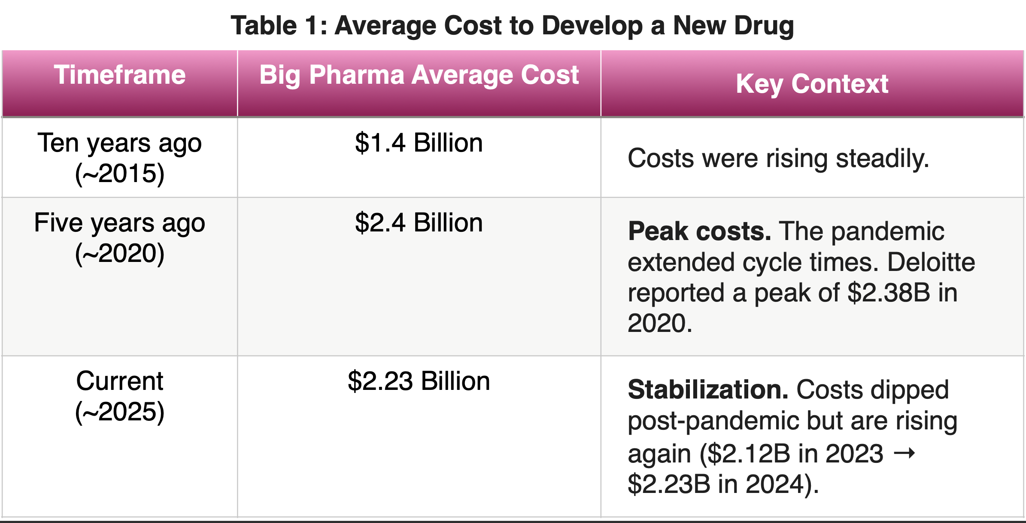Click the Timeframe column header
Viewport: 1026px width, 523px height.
coord(119,75)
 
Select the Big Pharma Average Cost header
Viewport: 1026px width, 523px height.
coord(419,75)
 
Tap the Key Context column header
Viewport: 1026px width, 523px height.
coord(812,84)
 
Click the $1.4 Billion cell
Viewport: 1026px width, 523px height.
coord(419,143)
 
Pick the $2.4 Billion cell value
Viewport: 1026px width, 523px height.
coord(419,223)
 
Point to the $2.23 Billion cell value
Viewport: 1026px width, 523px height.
coord(419,381)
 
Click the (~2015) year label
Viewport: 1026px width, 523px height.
coord(120,174)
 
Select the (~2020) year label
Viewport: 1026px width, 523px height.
coord(120,254)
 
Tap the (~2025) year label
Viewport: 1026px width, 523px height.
coord(120,412)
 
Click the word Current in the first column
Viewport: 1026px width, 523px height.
coord(120,381)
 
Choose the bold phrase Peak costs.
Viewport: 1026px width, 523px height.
coord(699,231)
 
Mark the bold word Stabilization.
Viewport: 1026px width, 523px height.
coord(708,390)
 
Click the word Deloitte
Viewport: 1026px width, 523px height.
coord(931,262)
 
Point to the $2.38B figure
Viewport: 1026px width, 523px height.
coord(889,293)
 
